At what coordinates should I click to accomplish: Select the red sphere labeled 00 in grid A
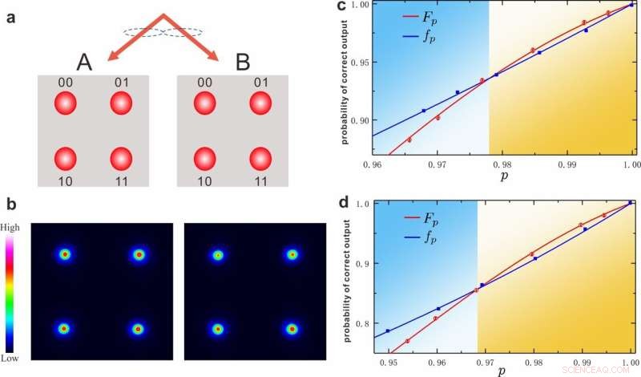pyautogui.click(x=66, y=104)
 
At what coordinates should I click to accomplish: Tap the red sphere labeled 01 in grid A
pyautogui.click(x=120, y=104)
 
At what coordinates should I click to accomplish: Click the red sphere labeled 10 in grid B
pyautogui.click(x=204, y=158)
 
